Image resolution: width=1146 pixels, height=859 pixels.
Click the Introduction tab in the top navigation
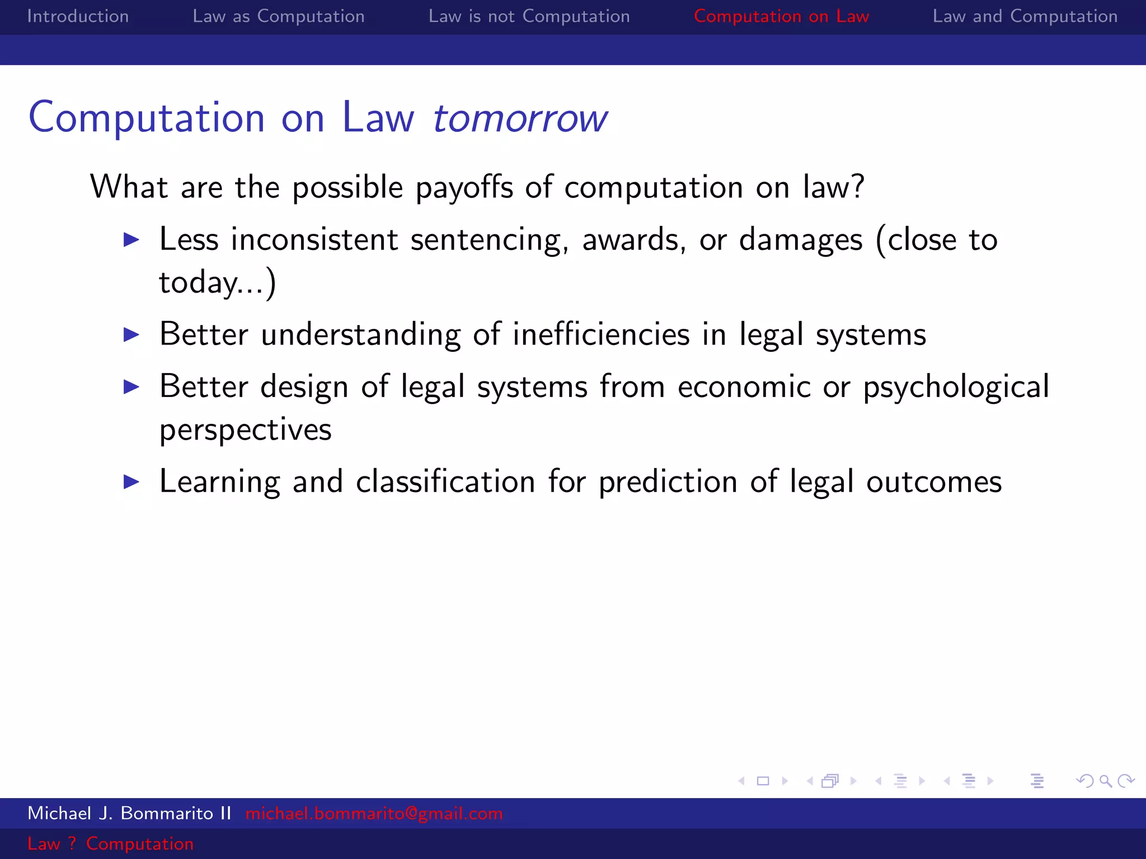[x=78, y=16]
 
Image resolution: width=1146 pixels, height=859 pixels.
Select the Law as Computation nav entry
[x=278, y=16]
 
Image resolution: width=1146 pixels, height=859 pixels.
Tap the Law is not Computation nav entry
[x=529, y=16]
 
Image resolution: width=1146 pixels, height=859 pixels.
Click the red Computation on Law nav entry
[x=781, y=16]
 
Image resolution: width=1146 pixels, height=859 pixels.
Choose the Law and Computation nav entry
[x=1025, y=16]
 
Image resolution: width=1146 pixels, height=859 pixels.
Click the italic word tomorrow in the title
[x=520, y=118]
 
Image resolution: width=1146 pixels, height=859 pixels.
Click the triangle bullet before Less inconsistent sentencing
[x=131, y=240]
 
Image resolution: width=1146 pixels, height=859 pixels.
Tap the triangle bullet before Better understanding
[x=131, y=335]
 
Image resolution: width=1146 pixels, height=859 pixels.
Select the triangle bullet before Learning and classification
[x=131, y=482]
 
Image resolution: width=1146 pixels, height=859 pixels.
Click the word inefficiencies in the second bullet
[x=601, y=334]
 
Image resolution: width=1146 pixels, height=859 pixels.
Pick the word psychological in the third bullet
[x=956, y=387]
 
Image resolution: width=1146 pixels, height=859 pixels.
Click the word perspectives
[x=245, y=430]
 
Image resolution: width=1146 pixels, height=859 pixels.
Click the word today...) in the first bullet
[x=217, y=282]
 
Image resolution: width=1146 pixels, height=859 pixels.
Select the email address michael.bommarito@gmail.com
[x=374, y=813]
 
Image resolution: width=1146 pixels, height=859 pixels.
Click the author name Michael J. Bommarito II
[x=129, y=813]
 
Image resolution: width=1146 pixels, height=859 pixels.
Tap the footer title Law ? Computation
[x=110, y=843]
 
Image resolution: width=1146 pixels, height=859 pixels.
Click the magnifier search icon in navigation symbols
[x=1105, y=781]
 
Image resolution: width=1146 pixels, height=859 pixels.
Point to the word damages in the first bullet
[x=800, y=240]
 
